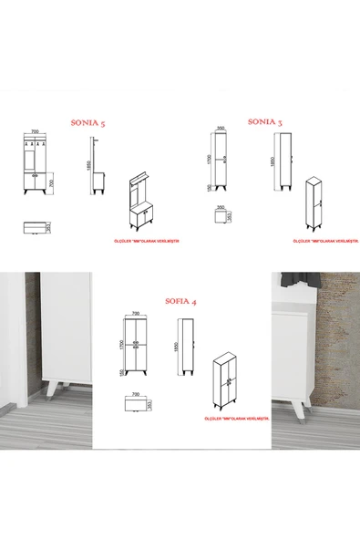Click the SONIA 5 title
click(94, 120)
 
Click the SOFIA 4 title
click(181, 299)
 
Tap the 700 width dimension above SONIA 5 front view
click(36, 133)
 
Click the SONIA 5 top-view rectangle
click(35, 225)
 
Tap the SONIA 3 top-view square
click(221, 219)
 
